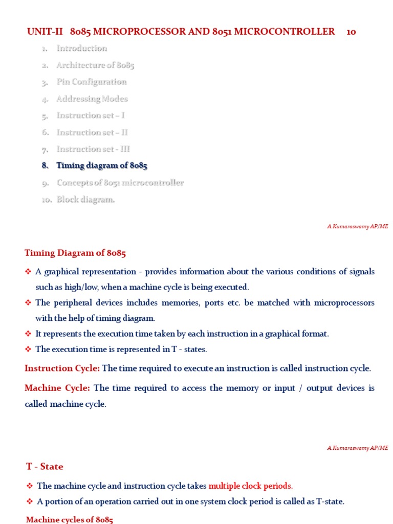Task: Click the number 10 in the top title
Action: click(x=351, y=32)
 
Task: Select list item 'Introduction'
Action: click(x=82, y=48)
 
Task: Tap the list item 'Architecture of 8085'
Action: click(x=95, y=65)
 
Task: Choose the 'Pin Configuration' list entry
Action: click(x=92, y=82)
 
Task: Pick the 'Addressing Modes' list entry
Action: click(x=92, y=99)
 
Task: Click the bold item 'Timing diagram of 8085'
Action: click(x=102, y=166)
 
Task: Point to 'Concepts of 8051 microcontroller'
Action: click(x=120, y=183)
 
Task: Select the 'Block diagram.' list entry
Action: click(x=85, y=200)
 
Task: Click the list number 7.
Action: click(x=45, y=149)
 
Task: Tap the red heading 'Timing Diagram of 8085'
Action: click(x=75, y=253)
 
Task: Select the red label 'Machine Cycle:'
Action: click(x=57, y=388)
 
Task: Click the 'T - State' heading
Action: click(x=45, y=467)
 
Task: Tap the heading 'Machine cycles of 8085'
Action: click(x=70, y=520)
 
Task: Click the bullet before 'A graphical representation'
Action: click(x=29, y=272)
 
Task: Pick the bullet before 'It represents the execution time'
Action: click(x=29, y=334)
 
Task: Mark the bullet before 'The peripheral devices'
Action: click(x=29, y=303)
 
